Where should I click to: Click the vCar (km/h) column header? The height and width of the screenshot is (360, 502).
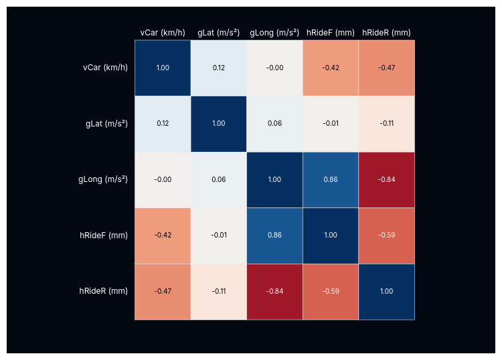[x=163, y=33]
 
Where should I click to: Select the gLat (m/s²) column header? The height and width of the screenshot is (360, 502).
[x=218, y=33]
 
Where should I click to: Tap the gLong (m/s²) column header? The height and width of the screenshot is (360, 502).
[x=274, y=33]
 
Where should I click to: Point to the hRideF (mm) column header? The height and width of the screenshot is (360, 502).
[x=331, y=33]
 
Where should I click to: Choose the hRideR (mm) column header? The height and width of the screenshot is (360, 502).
[x=386, y=33]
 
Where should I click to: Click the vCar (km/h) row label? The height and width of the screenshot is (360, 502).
[x=105, y=68]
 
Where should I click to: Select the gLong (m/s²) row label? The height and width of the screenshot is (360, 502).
[x=103, y=179]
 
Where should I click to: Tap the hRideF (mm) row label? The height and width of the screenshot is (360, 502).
[x=104, y=236]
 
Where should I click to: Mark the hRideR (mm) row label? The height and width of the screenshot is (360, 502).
[x=104, y=291]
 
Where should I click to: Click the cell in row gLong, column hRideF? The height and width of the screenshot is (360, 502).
[x=331, y=179]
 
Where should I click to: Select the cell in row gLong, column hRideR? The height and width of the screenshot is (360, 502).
[x=386, y=179]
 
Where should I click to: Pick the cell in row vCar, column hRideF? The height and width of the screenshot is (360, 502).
[x=331, y=68]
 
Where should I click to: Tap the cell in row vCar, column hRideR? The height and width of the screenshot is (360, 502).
[x=386, y=68]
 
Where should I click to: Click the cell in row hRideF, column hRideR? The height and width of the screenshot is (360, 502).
[x=386, y=236]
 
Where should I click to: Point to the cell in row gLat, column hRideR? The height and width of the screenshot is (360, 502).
[x=386, y=124]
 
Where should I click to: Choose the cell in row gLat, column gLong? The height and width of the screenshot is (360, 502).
[x=274, y=124]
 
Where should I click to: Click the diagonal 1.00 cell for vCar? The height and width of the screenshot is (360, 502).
[x=163, y=68]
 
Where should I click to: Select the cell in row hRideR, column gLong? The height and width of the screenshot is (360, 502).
[x=274, y=291]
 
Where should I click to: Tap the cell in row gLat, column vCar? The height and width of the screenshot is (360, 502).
[x=163, y=124]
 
